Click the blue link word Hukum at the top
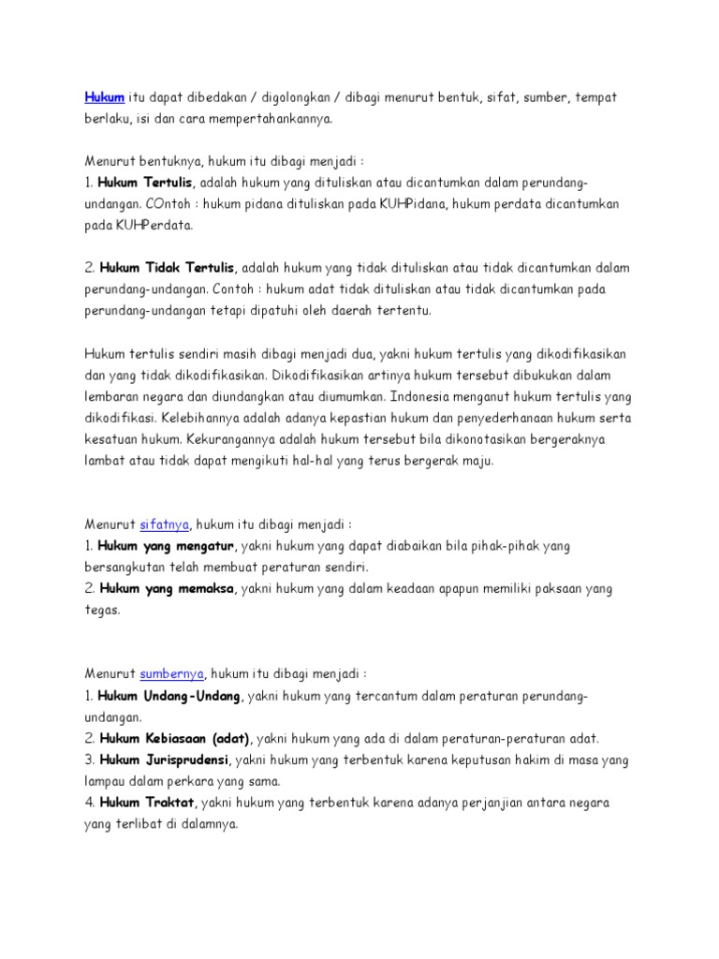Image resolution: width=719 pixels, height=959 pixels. pyautogui.click(x=105, y=98)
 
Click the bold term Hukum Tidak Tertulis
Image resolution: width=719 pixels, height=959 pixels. pyautogui.click(x=168, y=268)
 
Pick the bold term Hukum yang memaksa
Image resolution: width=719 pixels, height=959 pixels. pyautogui.click(x=165, y=589)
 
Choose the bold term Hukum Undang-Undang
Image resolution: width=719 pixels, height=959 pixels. pyautogui.click(x=169, y=696)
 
